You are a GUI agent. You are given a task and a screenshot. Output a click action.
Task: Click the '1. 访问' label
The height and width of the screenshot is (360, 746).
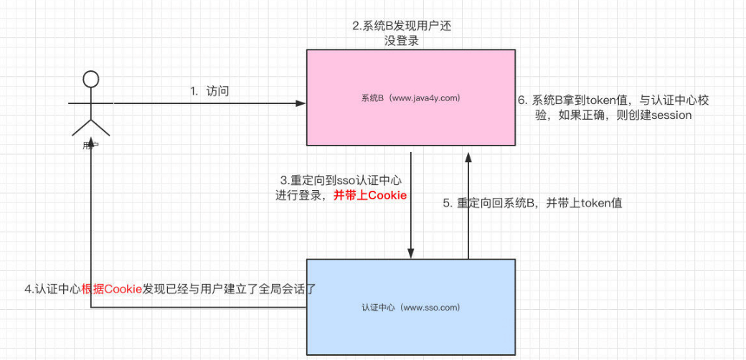coord(209,91)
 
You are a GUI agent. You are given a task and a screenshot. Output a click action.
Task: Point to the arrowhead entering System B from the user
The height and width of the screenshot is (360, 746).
coord(301,103)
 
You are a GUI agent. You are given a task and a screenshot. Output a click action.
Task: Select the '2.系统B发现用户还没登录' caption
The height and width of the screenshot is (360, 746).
coord(402,33)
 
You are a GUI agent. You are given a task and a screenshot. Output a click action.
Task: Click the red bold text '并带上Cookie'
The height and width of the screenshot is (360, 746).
coord(370,195)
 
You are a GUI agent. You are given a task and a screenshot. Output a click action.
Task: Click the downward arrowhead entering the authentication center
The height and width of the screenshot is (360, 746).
coord(411,253)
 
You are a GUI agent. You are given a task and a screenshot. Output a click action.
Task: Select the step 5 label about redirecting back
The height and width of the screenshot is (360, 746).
coord(532,203)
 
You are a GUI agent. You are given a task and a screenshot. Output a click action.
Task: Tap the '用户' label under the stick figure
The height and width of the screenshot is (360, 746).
coord(90,146)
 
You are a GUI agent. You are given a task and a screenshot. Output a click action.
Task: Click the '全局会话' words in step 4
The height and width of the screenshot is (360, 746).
coord(278,290)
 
